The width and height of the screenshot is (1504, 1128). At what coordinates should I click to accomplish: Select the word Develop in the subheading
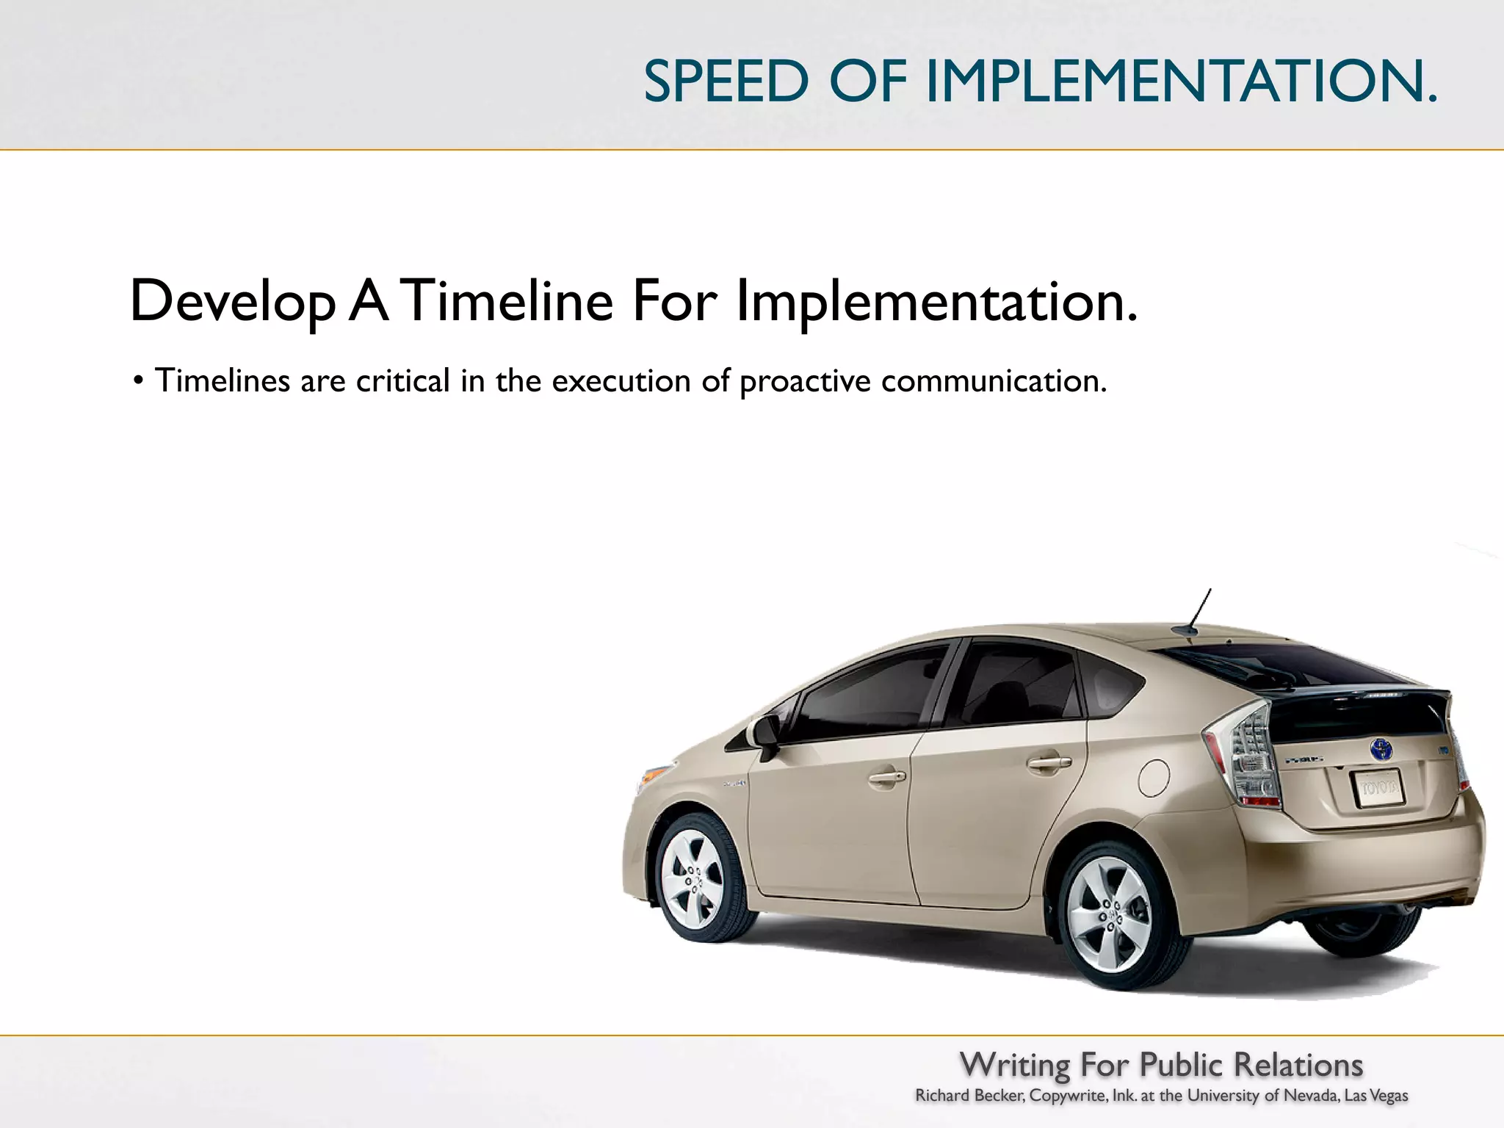coord(232,302)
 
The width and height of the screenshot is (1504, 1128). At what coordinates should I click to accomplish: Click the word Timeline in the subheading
coord(509,300)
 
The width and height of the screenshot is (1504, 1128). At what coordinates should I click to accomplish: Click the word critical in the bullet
coord(402,381)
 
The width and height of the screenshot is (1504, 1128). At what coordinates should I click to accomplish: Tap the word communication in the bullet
coord(993,381)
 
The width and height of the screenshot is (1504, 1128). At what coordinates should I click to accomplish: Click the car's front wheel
coord(693,878)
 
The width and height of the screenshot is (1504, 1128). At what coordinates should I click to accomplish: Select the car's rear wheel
coord(1109,915)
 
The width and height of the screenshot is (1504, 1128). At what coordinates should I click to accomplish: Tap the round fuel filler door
coord(1154,778)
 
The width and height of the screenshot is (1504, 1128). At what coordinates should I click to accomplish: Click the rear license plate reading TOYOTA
coord(1378,789)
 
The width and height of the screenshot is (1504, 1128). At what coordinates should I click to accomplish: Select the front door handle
coord(886,776)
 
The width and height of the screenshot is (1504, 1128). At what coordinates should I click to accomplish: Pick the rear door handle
coord(1049,762)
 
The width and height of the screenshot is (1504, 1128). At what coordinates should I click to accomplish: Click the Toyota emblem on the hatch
coord(1381,749)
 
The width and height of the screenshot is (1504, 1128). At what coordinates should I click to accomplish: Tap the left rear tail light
coord(1248,756)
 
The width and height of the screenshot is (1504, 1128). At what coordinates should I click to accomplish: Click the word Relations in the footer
coord(1298,1065)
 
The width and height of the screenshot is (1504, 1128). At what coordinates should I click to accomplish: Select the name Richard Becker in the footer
coord(969,1096)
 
